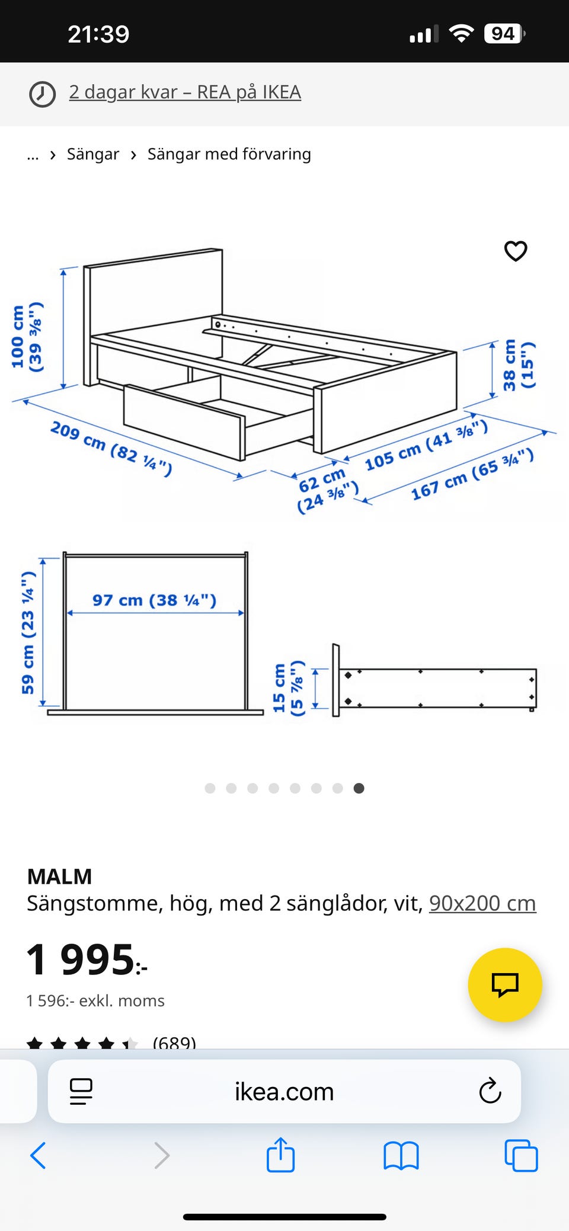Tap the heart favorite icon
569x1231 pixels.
click(x=516, y=251)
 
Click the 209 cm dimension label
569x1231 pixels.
click(x=111, y=449)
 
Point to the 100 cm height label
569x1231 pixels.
click(x=27, y=337)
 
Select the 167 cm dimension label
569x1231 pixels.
click(x=472, y=474)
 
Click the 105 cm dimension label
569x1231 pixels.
click(x=426, y=445)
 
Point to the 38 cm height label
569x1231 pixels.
click(x=519, y=364)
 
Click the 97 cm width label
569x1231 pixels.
click(x=154, y=600)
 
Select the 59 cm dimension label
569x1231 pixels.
click(x=28, y=632)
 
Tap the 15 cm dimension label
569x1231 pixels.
click(x=288, y=688)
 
